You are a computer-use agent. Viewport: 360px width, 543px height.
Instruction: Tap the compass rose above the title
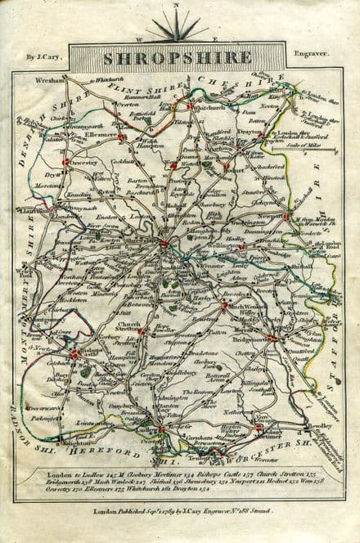point(178,27)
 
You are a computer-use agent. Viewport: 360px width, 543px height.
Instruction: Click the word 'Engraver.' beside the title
point(314,56)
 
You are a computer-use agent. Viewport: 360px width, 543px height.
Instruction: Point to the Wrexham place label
point(52,80)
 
